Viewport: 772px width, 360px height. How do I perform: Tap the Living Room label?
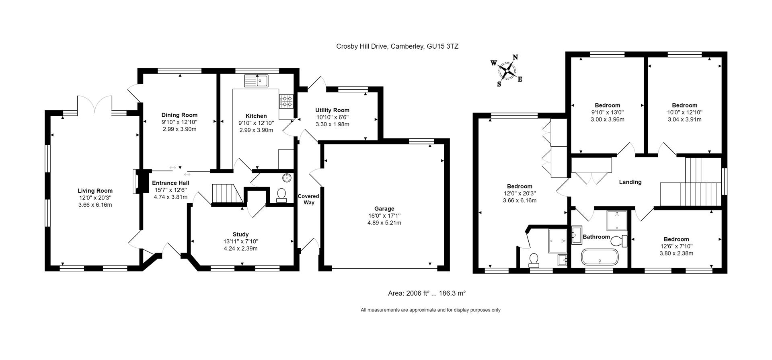[x=95, y=191]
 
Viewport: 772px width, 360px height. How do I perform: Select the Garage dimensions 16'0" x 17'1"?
[x=384, y=216]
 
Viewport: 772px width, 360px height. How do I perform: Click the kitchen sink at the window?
[x=256, y=81]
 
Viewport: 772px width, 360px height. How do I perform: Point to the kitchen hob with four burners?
[x=286, y=101]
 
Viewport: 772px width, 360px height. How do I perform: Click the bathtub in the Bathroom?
[x=600, y=257]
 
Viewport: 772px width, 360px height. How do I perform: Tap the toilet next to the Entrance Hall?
[x=281, y=195]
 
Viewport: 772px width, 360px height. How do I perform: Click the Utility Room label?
[x=332, y=110]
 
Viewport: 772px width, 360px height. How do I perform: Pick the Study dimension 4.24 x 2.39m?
[x=240, y=249]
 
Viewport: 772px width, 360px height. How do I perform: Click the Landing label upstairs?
[x=630, y=182]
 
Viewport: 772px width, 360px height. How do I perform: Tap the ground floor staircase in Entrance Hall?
[x=226, y=194]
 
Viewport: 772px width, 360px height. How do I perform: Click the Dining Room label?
[x=179, y=115]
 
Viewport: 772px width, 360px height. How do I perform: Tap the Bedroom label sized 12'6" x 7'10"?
[x=676, y=239]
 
